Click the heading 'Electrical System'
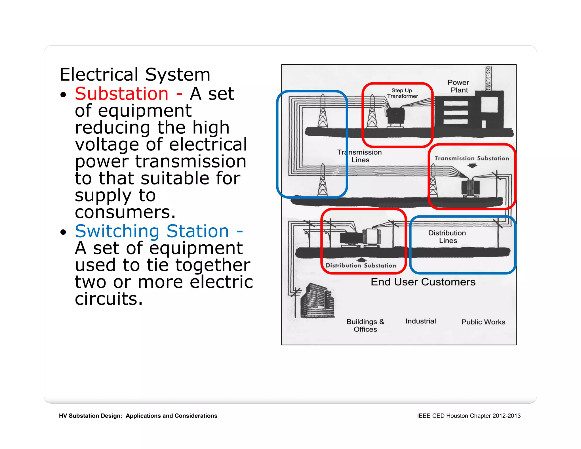[135, 75]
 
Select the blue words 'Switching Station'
[152, 231]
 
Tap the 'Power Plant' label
[458, 86]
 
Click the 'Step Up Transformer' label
[402, 93]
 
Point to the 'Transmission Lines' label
[359, 156]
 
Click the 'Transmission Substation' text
[471, 158]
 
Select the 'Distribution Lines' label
[447, 237]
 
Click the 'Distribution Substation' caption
[361, 266]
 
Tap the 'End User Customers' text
[423, 282]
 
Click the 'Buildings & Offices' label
[365, 325]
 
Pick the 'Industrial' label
[420, 321]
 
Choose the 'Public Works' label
[483, 322]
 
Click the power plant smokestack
[488, 79]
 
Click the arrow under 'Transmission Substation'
[472, 166]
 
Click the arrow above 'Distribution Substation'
[361, 259]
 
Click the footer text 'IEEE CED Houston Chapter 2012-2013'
[469, 416]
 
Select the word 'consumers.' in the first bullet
[125, 212]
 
